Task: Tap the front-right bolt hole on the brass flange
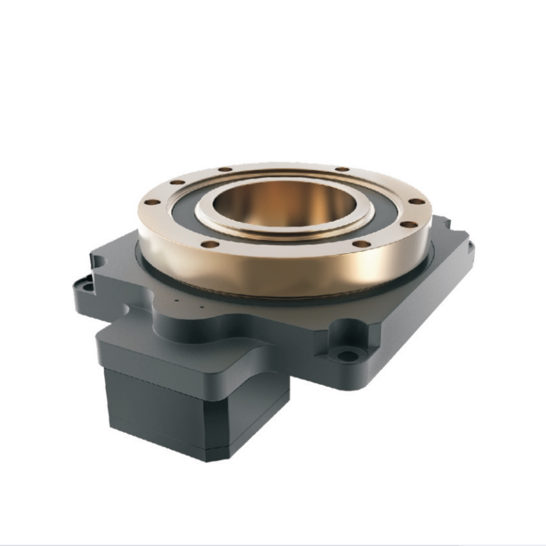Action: [x=364, y=243]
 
